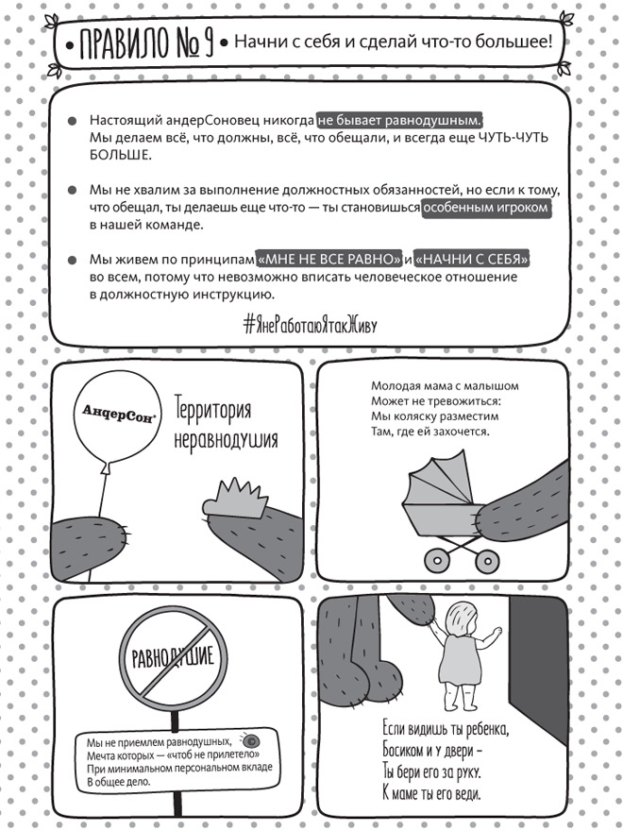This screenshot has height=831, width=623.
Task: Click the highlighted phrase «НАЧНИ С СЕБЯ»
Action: click(x=472, y=259)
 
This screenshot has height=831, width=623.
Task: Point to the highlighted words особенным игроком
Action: click(x=486, y=208)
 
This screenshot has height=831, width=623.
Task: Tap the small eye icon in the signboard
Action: click(x=250, y=738)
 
